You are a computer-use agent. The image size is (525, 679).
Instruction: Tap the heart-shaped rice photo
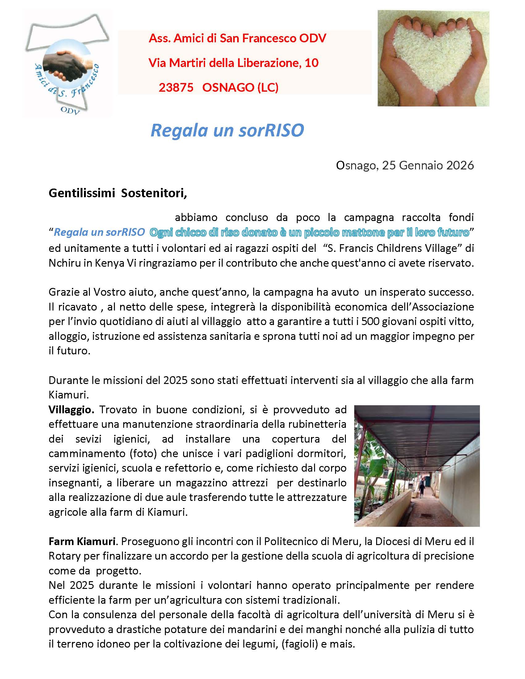pos(433,58)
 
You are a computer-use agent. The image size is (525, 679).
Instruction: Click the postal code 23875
pos(176,88)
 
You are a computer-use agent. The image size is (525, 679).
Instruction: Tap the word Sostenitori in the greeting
pos(154,194)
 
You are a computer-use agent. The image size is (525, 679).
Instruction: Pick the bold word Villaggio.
pos(71,410)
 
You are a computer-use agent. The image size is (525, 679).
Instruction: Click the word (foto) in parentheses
pos(142,454)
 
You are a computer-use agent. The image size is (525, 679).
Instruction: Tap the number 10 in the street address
pos(312,63)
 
